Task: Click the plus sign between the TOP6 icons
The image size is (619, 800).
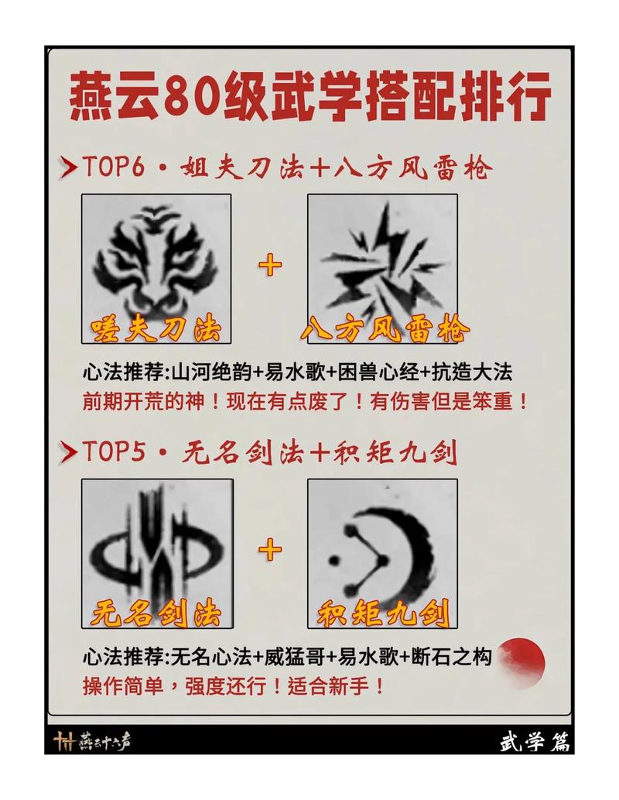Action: [270, 266]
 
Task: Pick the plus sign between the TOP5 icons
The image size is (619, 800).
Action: [270, 551]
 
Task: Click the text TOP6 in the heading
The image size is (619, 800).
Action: [115, 167]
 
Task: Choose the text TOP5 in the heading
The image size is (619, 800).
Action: [115, 452]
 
